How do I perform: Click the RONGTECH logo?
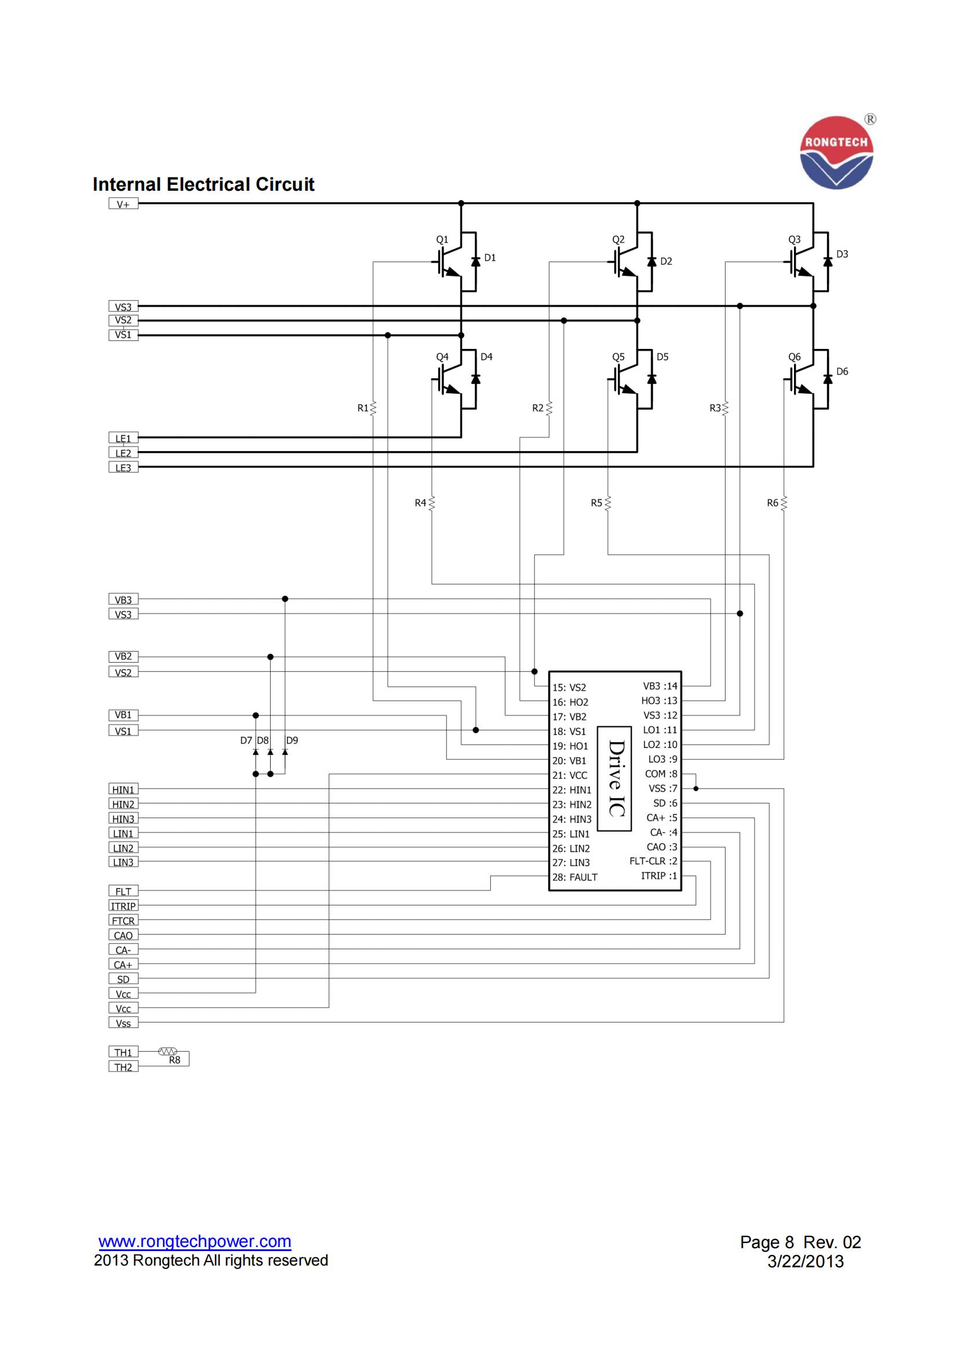click(836, 152)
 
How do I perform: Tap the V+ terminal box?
click(123, 204)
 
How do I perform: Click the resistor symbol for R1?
click(373, 408)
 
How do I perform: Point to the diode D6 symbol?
click(828, 379)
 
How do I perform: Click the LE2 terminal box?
click(123, 453)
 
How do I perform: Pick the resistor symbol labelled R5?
click(608, 503)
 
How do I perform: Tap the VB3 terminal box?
click(123, 599)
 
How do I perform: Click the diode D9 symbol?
click(285, 752)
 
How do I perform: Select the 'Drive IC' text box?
click(614, 779)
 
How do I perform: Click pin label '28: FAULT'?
click(574, 877)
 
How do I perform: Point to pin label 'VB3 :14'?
click(660, 686)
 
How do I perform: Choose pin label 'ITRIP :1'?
click(659, 875)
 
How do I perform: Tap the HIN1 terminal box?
click(123, 790)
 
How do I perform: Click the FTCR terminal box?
click(123, 921)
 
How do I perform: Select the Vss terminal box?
click(123, 1023)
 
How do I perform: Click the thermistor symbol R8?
click(167, 1052)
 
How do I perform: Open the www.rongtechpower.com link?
click(195, 1241)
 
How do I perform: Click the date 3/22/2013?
click(805, 1262)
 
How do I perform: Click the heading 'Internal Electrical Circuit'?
click(203, 184)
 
